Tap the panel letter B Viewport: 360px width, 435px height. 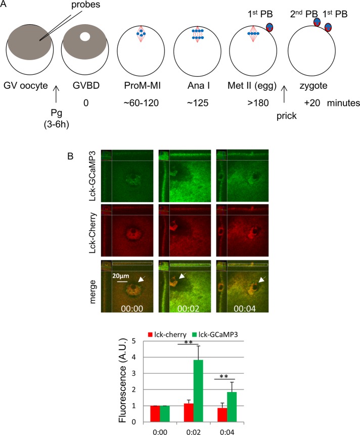click(x=72, y=152)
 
